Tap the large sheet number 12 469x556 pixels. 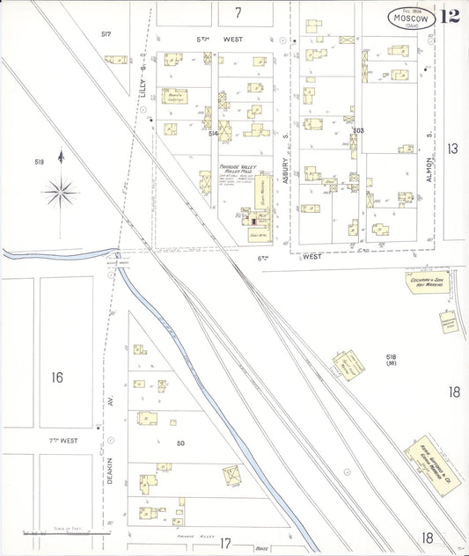pos(450,17)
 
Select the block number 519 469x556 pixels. pos(40,162)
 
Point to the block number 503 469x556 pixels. pos(357,130)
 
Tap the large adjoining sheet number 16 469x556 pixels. pos(56,377)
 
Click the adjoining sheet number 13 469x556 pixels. pos(452,149)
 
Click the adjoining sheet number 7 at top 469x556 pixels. pos(238,12)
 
